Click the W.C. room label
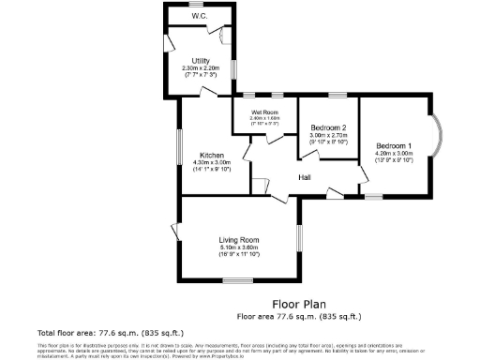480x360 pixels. [199, 16]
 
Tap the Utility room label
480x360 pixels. [199, 60]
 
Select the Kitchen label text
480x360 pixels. [211, 155]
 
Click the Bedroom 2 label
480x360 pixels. [328, 127]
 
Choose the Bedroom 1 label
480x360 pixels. [394, 146]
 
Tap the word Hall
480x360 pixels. [305, 176]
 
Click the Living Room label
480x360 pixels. [237, 239]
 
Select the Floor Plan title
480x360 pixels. [299, 304]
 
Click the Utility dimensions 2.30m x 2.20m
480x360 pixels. [199, 67]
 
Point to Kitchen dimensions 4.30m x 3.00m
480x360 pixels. [211, 162]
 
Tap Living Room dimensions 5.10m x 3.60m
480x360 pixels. [237, 247]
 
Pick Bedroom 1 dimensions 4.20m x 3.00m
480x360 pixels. [394, 154]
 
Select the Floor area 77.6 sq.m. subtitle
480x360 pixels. [299, 316]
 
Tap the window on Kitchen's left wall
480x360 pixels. [181, 149]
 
